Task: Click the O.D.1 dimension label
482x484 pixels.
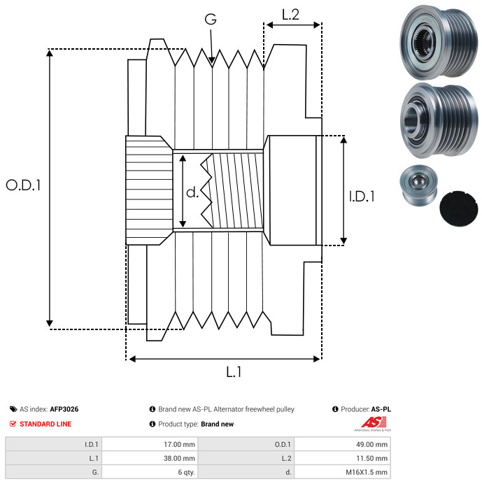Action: pyautogui.click(x=23, y=185)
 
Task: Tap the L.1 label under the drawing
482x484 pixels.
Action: pyautogui.click(x=234, y=373)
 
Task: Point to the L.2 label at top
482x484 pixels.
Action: pyautogui.click(x=290, y=13)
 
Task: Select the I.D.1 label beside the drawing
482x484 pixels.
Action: pyautogui.click(x=362, y=197)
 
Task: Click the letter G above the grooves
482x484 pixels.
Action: pyautogui.click(x=210, y=20)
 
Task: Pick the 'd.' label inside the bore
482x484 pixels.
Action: pyautogui.click(x=192, y=192)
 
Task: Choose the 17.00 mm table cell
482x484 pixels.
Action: pyautogui.click(x=178, y=444)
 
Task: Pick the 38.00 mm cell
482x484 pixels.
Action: pyautogui.click(x=178, y=458)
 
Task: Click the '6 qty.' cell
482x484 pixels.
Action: pyautogui.click(x=185, y=472)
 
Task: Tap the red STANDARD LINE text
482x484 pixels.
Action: pyautogui.click(x=45, y=424)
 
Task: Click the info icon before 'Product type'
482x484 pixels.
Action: pyautogui.click(x=153, y=424)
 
